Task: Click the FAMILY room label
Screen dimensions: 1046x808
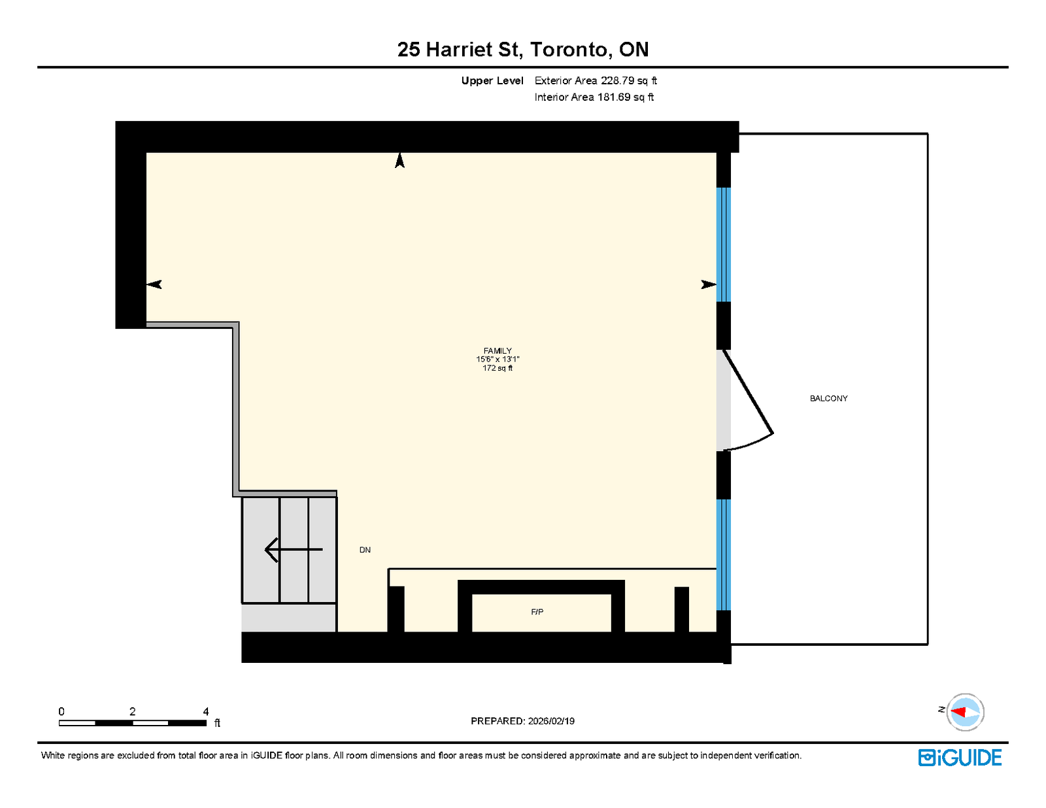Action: click(498, 351)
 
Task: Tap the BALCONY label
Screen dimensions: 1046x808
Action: click(828, 399)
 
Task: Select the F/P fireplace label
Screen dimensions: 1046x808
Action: click(537, 612)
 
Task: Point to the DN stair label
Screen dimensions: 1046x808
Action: click(365, 550)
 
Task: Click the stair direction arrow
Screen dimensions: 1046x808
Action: click(293, 549)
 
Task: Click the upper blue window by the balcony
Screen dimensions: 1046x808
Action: click(724, 244)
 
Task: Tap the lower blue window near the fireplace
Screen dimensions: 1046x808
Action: click(724, 555)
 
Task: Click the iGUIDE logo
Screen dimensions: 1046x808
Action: click(960, 758)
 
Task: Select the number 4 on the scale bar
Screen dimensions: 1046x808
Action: click(205, 711)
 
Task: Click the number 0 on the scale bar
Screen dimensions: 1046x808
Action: click(61, 711)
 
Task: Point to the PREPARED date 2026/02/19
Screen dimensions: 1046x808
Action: click(551, 721)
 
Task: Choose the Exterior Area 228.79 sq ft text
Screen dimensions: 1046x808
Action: click(596, 80)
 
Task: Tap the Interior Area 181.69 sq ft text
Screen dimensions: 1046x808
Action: click(594, 97)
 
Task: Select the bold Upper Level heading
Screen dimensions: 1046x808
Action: click(492, 80)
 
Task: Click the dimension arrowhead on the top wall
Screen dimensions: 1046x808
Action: click(399, 160)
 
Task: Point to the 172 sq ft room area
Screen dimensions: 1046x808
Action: click(498, 368)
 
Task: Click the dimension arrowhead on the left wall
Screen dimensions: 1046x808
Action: click(154, 284)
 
